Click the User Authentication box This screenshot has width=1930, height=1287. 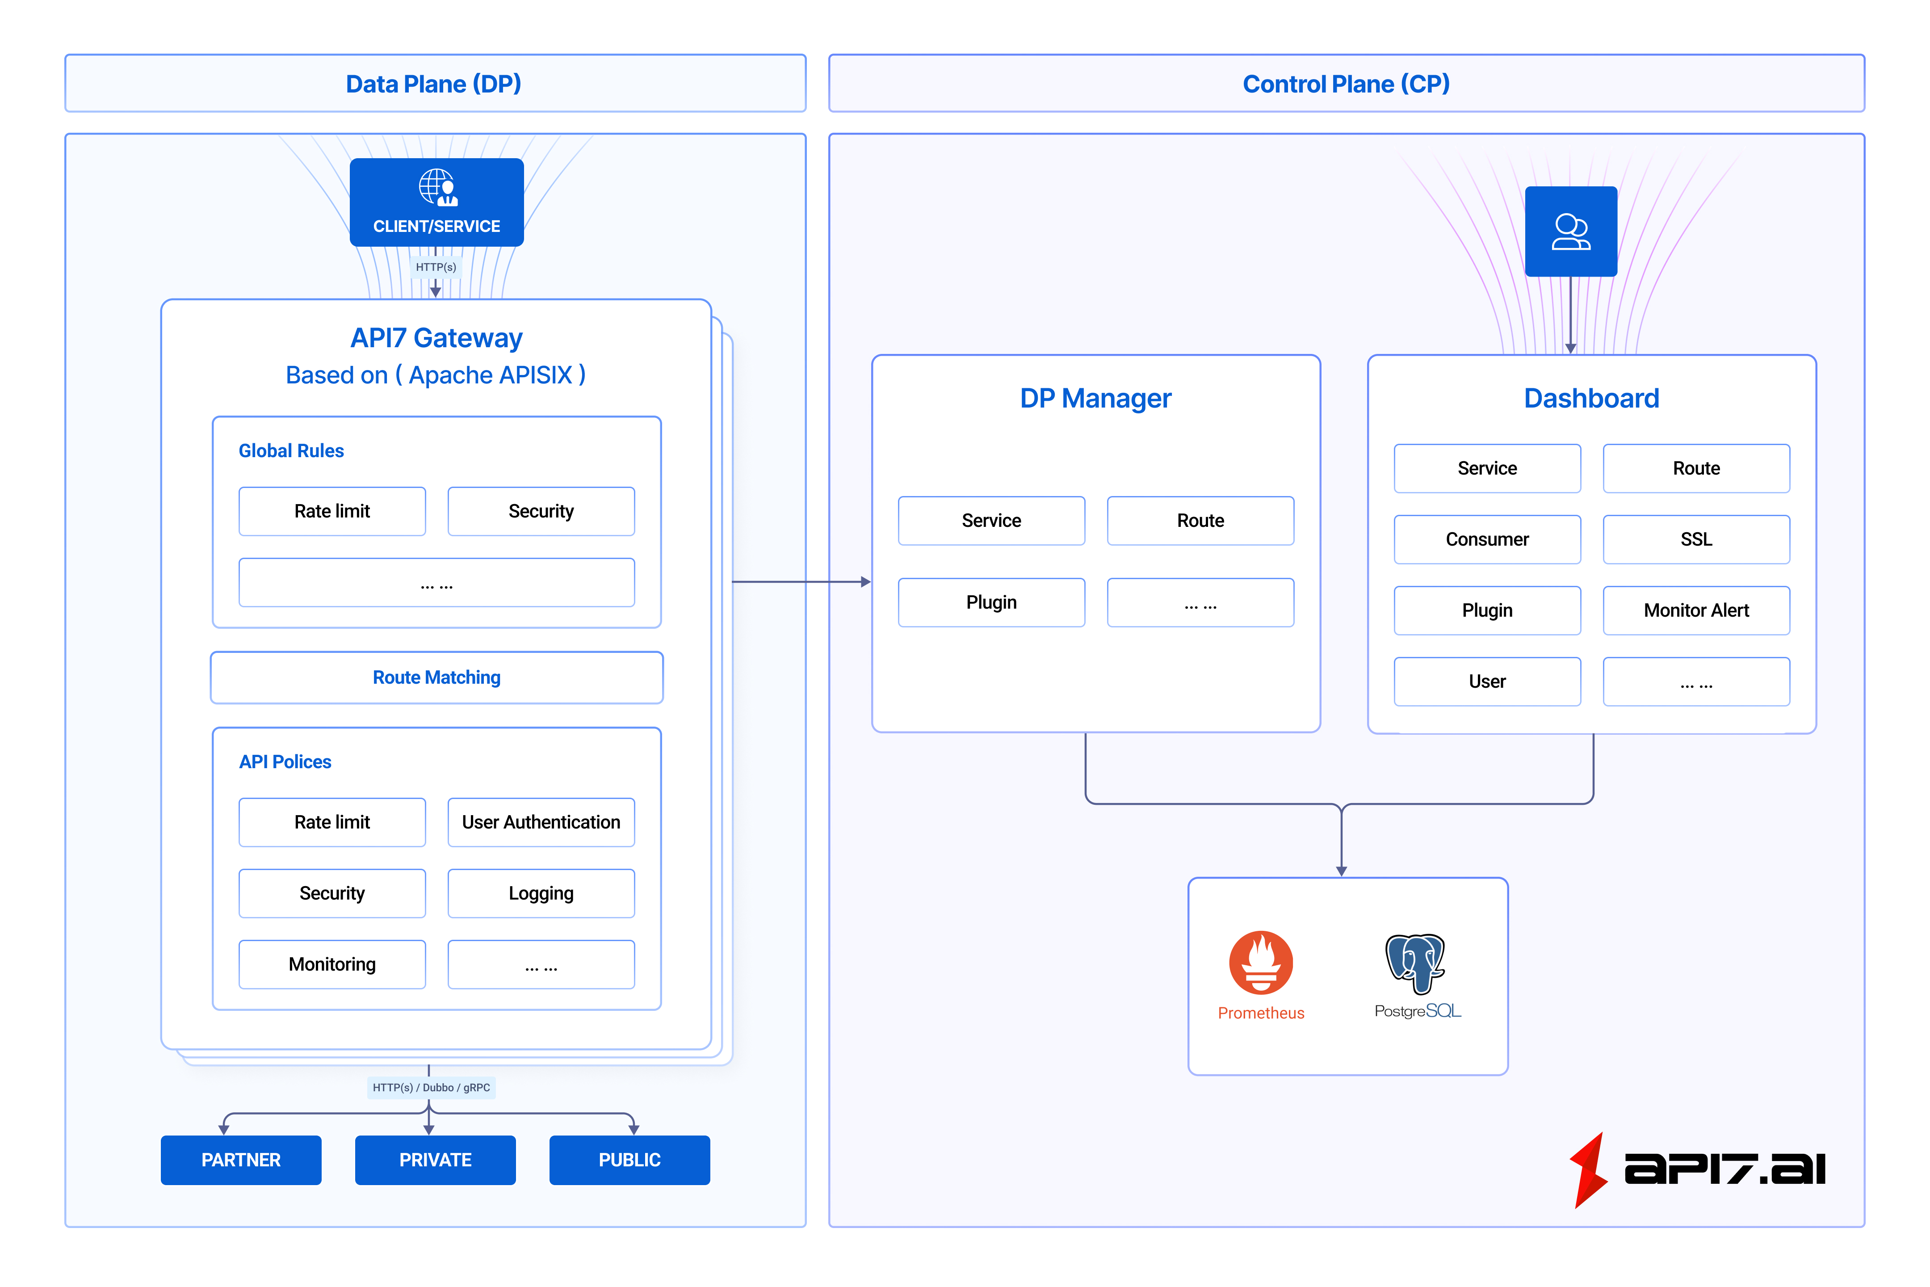(541, 822)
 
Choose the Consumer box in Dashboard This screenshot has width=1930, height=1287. (1487, 539)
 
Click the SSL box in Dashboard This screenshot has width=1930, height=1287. (1696, 539)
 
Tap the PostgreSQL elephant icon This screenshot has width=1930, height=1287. (1415, 962)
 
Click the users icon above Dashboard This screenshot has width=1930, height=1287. (1571, 231)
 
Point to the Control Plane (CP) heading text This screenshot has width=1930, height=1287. (1346, 84)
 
